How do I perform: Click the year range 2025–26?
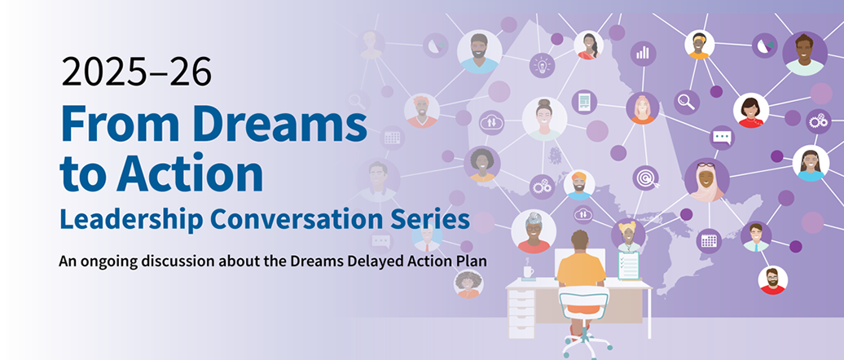[136, 72]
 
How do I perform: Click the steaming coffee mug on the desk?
[528, 271]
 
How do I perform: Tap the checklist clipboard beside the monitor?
[629, 264]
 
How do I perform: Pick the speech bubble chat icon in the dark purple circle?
[722, 138]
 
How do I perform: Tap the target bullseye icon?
[646, 178]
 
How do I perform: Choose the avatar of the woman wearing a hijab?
[706, 179]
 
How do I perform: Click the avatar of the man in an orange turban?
[578, 185]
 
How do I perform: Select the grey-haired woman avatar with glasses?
[534, 231]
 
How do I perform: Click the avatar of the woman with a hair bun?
[544, 119]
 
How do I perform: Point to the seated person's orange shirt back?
[581, 269]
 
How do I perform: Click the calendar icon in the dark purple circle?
[709, 241]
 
